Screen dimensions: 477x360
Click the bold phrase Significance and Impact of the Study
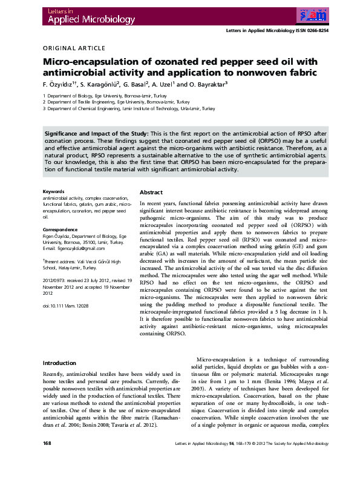point(96,133)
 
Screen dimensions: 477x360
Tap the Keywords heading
point(53,192)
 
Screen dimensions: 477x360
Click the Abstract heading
point(151,192)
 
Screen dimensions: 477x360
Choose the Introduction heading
point(59,363)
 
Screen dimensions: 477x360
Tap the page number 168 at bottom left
point(47,461)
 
